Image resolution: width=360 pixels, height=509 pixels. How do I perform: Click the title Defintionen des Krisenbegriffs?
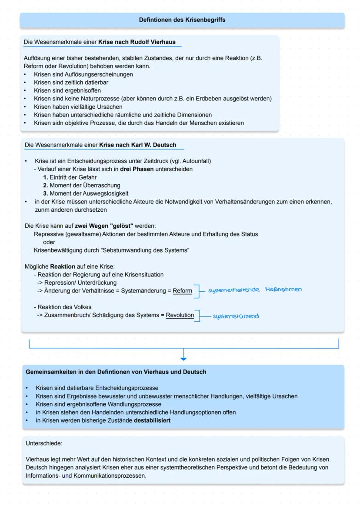click(x=182, y=20)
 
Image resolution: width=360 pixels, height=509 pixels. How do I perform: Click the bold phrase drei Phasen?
click(x=137, y=169)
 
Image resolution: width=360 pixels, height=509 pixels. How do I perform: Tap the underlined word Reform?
click(x=182, y=291)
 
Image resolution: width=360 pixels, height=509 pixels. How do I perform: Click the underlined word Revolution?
click(x=180, y=315)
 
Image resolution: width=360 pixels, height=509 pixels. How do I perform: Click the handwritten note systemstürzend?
click(x=236, y=316)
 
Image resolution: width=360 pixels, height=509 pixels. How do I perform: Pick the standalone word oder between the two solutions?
click(x=49, y=242)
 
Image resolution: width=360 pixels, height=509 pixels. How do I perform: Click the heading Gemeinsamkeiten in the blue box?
click(x=116, y=372)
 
